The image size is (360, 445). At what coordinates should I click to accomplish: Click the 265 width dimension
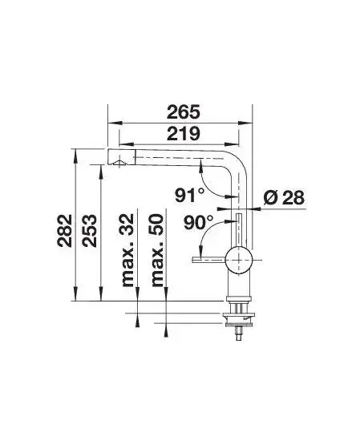tap(184, 111)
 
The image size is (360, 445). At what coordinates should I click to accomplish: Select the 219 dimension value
tap(184, 133)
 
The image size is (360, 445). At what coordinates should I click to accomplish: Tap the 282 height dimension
tap(64, 230)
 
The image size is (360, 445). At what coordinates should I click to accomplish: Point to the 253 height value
tap(89, 230)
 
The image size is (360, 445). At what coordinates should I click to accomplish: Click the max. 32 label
tap(127, 249)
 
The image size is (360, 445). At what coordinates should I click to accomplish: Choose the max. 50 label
tap(158, 249)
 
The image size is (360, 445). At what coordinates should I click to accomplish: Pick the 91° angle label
tap(189, 196)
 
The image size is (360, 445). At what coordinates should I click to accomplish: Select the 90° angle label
tap(199, 222)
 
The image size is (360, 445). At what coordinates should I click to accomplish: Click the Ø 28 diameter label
tap(284, 197)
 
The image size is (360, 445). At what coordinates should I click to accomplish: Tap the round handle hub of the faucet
tap(239, 260)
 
